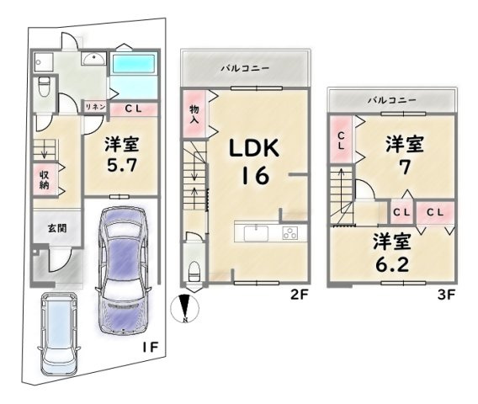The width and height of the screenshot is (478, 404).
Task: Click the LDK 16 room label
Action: click(x=254, y=162)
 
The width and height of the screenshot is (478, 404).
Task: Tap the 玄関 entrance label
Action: click(x=57, y=228)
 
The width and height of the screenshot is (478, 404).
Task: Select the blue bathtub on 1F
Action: click(x=134, y=64)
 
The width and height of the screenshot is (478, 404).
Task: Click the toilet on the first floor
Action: click(x=45, y=86)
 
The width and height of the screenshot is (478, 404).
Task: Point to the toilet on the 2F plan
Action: click(x=194, y=271)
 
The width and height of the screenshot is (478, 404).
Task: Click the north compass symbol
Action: click(x=185, y=308)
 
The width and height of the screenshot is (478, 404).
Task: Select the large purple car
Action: click(x=124, y=270)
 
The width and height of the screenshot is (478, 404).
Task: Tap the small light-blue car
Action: click(x=59, y=333)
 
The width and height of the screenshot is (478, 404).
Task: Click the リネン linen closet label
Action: click(x=95, y=107)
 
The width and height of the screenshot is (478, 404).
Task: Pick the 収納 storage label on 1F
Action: click(x=45, y=179)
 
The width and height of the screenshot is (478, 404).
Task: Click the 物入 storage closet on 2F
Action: click(x=194, y=114)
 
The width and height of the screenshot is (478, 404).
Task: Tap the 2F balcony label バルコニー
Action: click(x=245, y=67)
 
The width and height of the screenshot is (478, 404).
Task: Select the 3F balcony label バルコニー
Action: click(x=391, y=100)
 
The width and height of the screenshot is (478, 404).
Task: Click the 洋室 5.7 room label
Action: click(x=122, y=154)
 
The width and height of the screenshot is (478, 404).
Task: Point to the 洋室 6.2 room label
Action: click(x=391, y=252)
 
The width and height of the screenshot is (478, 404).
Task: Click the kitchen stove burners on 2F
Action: click(x=289, y=233)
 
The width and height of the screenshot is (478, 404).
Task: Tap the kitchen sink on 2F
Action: click(x=256, y=233)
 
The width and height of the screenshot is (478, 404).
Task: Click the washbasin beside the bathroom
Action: click(x=93, y=58)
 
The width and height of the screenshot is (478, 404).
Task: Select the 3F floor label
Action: click(x=447, y=295)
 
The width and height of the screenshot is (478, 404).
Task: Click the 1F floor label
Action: click(x=151, y=347)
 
